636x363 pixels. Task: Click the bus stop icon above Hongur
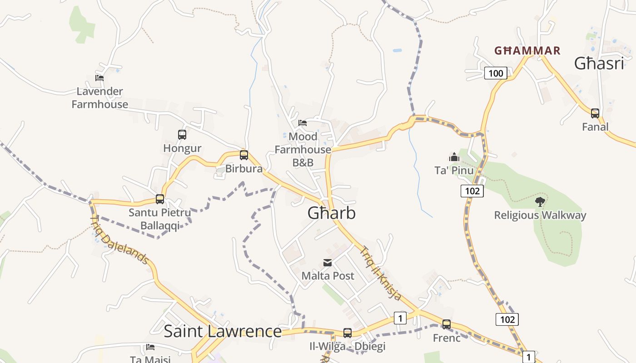[x=182, y=135]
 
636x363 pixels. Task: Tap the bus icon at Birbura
[x=244, y=155]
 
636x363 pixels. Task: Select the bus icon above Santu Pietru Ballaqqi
[x=160, y=199]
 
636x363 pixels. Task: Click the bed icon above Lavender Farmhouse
[x=99, y=78]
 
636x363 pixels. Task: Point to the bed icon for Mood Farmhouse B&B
[x=303, y=123]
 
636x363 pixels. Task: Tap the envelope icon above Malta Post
[x=327, y=263]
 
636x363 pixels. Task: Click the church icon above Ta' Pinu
[x=454, y=157]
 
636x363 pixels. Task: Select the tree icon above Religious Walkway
[x=540, y=201]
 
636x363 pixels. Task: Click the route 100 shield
[x=496, y=73]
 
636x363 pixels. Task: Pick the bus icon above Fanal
[x=595, y=113]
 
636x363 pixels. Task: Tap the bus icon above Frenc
[x=447, y=324]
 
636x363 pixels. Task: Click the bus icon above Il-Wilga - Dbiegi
[x=348, y=333]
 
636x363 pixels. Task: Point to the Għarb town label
[x=332, y=213]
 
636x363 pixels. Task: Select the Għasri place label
[x=599, y=64]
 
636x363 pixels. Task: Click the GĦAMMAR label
[x=527, y=51]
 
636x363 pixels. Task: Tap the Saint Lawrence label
[x=223, y=331]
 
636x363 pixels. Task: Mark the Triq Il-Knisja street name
[x=381, y=273]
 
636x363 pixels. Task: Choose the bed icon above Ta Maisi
[x=150, y=347]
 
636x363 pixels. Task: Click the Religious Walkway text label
[x=540, y=215]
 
